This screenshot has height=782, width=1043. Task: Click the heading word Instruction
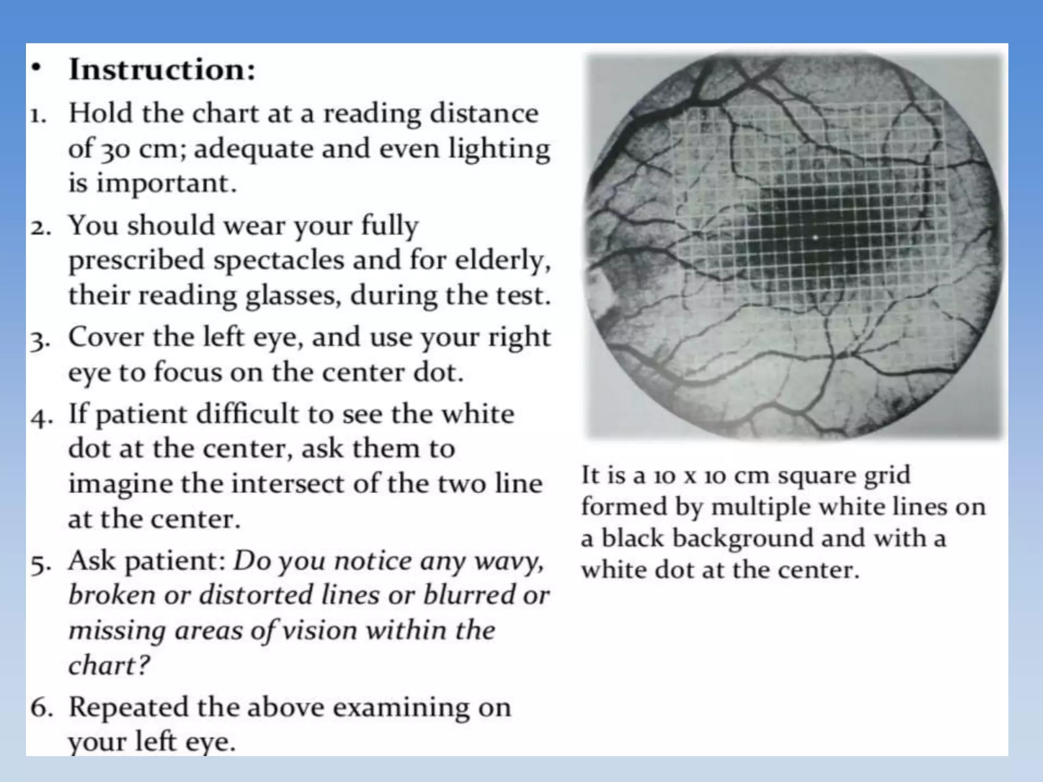[x=161, y=70]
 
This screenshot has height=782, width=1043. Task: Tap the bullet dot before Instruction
[x=35, y=69]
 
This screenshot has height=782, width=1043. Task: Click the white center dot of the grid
[x=815, y=237]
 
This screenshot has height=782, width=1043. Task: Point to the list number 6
[x=41, y=708]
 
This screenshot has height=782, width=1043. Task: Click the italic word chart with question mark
[x=109, y=665]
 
